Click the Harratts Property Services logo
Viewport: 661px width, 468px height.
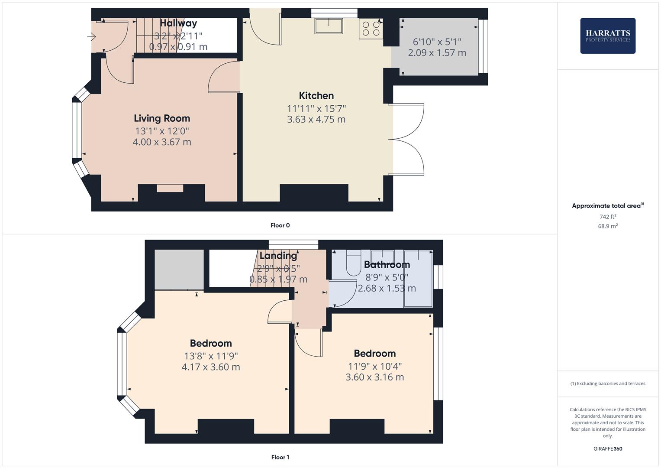pyautogui.click(x=607, y=36)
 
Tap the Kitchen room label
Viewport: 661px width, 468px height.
pyautogui.click(x=316, y=96)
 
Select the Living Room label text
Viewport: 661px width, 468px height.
pyautogui.click(x=161, y=118)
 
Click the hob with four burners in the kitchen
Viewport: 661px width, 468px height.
pyautogui.click(x=371, y=29)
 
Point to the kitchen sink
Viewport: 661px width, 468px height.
pyautogui.click(x=329, y=26)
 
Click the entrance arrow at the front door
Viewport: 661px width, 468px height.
pyautogui.click(x=91, y=37)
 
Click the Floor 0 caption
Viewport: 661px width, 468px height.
pyautogui.click(x=280, y=225)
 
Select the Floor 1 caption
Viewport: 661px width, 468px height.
pyautogui.click(x=280, y=457)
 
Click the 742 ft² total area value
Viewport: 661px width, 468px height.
pyautogui.click(x=607, y=217)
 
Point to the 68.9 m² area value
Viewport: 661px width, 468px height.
pyautogui.click(x=607, y=226)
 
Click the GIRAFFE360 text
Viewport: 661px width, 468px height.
pyautogui.click(x=607, y=448)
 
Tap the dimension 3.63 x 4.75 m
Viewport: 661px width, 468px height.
pyautogui.click(x=316, y=120)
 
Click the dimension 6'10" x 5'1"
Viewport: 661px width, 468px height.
pyautogui.click(x=437, y=42)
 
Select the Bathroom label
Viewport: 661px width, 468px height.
pyautogui.click(x=387, y=265)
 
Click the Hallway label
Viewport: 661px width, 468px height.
pyautogui.click(x=178, y=23)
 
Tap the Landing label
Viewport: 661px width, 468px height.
pyautogui.click(x=278, y=256)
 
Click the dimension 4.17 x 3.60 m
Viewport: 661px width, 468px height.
pyautogui.click(x=210, y=367)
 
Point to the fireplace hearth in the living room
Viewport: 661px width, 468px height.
pyautogui.click(x=170, y=188)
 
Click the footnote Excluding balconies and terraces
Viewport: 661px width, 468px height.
pyautogui.click(x=607, y=383)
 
